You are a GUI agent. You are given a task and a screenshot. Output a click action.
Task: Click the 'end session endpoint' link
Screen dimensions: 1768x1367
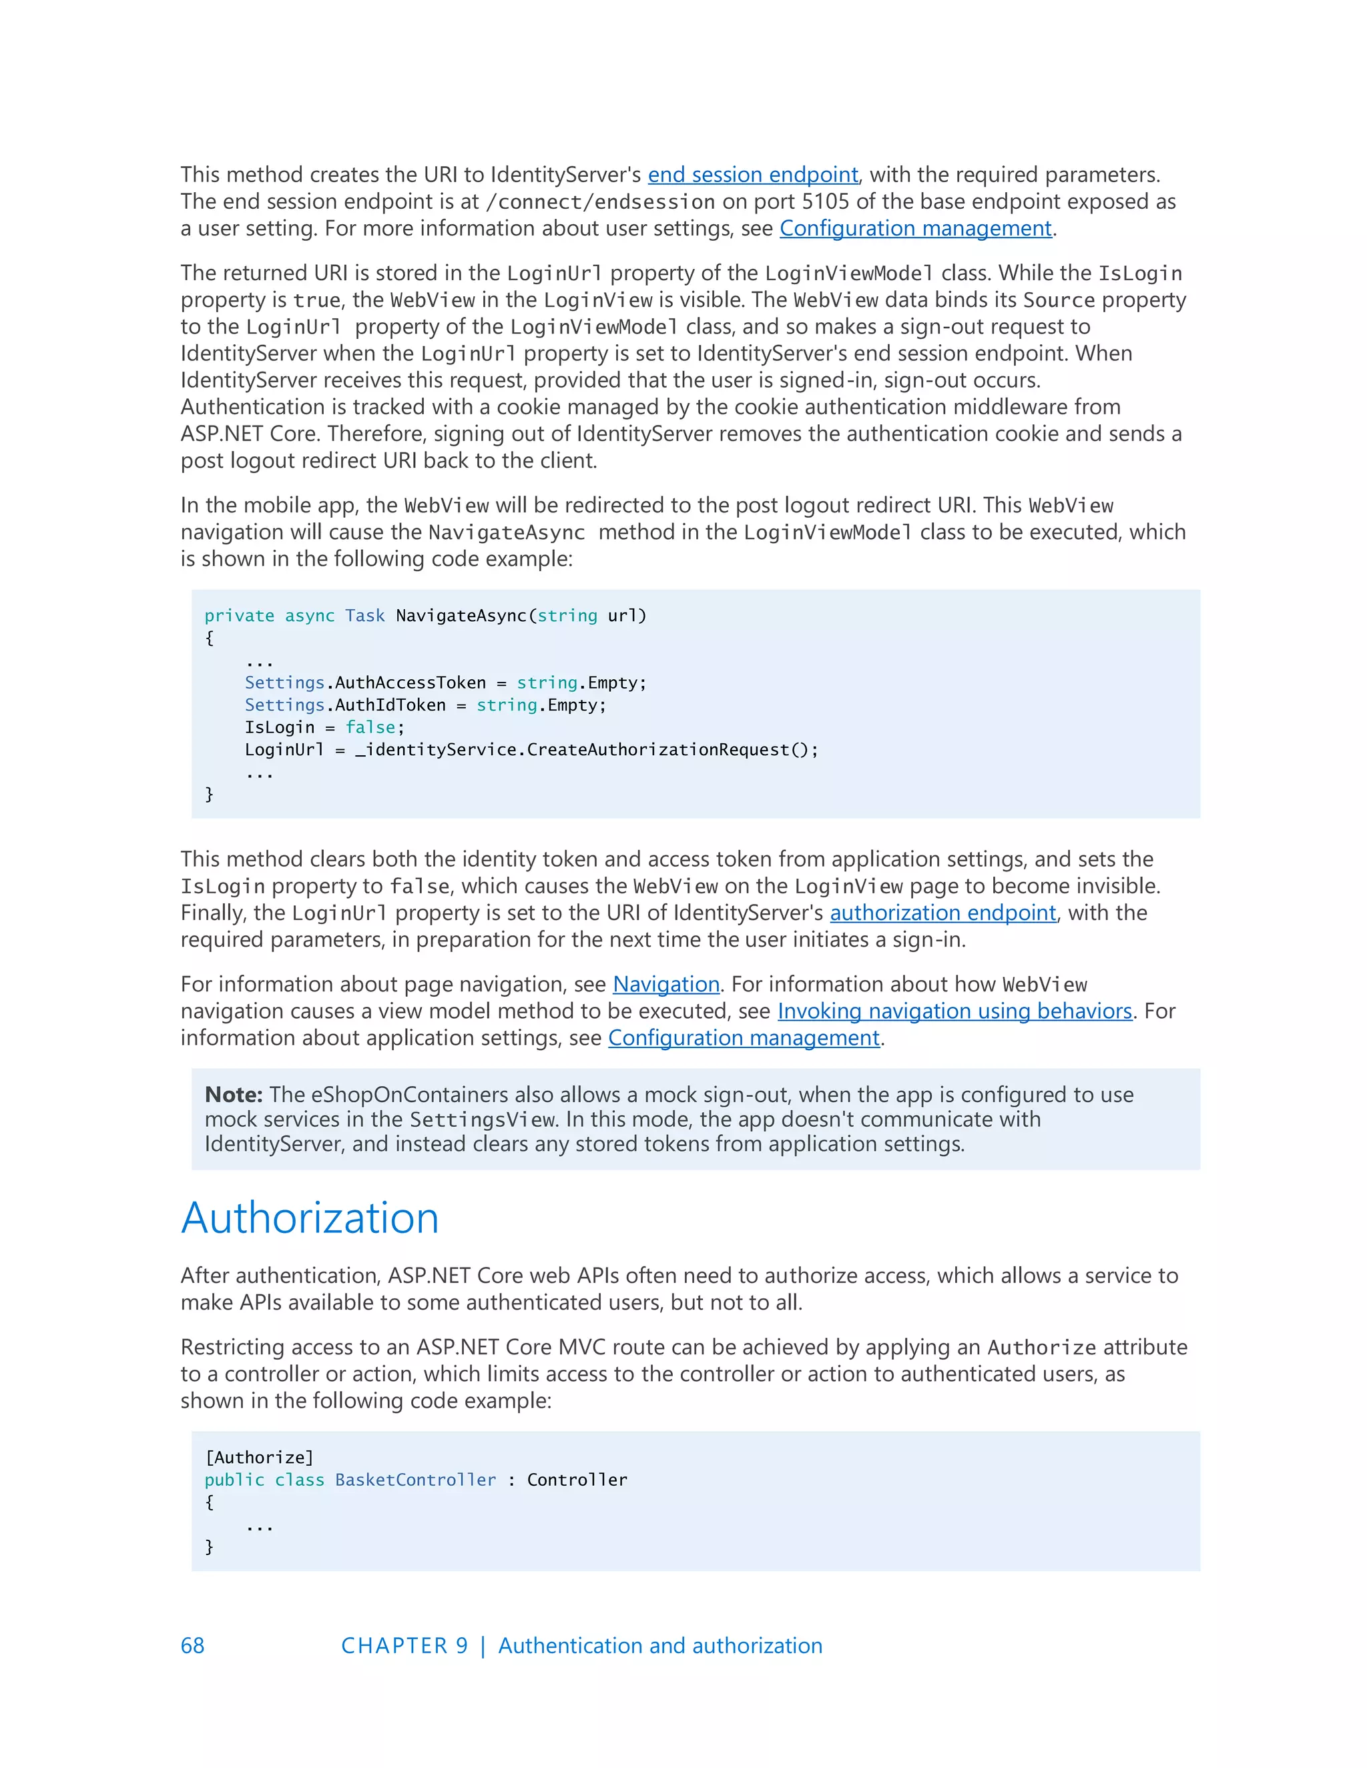(x=752, y=175)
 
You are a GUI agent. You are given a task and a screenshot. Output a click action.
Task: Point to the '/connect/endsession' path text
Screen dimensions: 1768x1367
(x=600, y=202)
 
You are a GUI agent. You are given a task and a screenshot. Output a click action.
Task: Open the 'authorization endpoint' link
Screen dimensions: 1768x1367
(x=942, y=913)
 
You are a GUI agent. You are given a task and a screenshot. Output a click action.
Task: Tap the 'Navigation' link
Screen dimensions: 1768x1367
(x=665, y=984)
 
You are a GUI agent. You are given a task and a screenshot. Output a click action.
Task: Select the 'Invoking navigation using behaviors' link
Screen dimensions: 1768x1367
(x=954, y=1011)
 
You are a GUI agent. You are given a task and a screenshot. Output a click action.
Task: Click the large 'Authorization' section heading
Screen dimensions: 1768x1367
(x=309, y=1218)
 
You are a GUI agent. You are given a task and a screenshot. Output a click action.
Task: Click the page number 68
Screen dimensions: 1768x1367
(x=193, y=1646)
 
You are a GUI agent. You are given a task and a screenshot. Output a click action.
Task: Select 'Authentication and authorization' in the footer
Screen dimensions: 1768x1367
(x=660, y=1646)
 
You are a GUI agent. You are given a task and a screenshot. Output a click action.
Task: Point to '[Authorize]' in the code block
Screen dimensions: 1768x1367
(x=259, y=1457)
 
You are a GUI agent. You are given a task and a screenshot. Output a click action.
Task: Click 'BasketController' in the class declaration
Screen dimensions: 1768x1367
(x=415, y=1480)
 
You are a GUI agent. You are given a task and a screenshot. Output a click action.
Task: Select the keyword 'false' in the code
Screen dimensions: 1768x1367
(x=370, y=728)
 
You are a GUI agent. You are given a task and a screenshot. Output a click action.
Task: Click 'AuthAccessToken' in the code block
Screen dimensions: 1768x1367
(x=411, y=683)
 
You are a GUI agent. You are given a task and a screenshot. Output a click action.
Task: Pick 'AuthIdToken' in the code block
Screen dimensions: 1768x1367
(x=390, y=705)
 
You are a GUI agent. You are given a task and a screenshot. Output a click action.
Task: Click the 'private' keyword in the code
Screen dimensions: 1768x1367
(x=239, y=616)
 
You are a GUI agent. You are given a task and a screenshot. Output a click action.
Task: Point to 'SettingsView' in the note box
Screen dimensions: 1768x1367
(x=483, y=1120)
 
